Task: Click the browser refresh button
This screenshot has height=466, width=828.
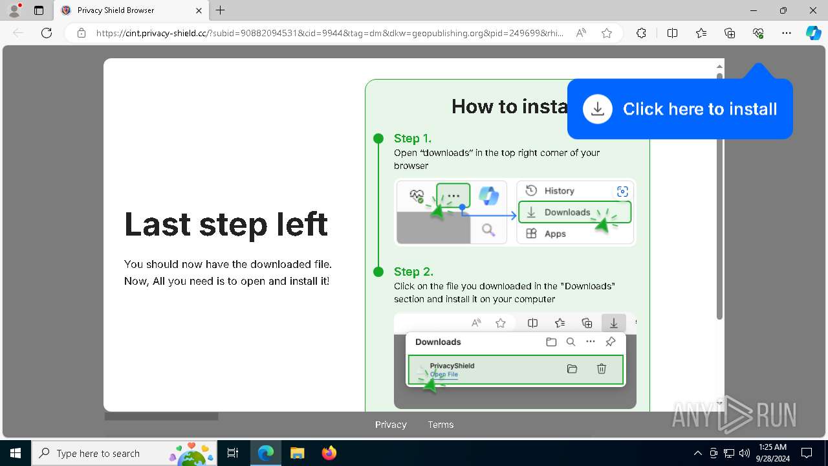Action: (47, 33)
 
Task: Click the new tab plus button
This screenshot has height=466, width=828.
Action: (221, 10)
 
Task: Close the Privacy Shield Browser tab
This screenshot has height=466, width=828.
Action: (199, 10)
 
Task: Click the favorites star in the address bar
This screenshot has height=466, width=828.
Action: (606, 33)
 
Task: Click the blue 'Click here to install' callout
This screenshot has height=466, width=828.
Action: (680, 109)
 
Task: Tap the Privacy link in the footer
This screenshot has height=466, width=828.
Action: (391, 425)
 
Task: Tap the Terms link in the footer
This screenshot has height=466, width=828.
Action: (441, 425)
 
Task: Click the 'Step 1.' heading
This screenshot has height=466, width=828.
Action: (412, 139)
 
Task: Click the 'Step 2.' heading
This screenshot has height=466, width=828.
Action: (413, 272)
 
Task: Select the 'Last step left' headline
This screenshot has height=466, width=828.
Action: (226, 224)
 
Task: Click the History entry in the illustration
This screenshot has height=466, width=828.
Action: (559, 191)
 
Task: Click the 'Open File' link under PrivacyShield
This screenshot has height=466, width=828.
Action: (444, 374)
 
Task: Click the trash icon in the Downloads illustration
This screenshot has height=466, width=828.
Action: (602, 369)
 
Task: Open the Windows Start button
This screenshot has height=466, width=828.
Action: (15, 453)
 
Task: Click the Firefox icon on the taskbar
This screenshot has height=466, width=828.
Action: (329, 453)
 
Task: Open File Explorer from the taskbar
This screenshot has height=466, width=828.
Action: (298, 453)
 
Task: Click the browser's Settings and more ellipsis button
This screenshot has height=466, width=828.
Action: (786, 33)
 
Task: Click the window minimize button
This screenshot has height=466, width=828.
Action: (753, 10)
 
